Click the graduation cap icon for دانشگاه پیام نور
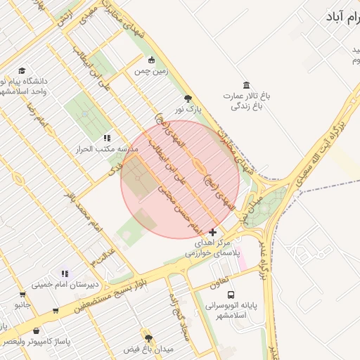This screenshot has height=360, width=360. pos(22,71)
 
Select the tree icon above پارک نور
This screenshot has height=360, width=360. pos(187,98)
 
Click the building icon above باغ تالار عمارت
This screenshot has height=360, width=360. pos(245,84)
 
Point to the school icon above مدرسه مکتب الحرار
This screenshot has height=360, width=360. pos(106,138)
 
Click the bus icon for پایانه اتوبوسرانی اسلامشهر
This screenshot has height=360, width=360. pos(232,295)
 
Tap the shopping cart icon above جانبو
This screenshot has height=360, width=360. pos(23,294)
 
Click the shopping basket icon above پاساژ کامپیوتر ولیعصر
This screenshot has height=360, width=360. pos(36,330)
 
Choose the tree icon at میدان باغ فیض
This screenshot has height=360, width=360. pos(147,337)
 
